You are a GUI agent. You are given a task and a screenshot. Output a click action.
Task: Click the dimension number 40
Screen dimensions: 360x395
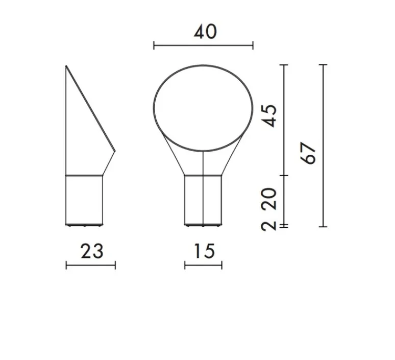coord(205,32)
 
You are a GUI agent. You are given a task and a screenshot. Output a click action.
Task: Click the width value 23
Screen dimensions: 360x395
coord(92,251)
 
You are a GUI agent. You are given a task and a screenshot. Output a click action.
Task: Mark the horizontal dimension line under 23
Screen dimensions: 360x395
coord(91,265)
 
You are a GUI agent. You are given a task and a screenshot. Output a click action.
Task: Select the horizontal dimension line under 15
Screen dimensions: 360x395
coord(203,265)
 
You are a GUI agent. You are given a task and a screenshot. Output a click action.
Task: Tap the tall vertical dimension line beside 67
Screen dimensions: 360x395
coord(323,146)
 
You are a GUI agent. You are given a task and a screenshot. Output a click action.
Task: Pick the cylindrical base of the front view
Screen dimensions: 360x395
coord(203,200)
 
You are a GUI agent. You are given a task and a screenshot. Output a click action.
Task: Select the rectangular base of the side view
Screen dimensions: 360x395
coord(84,200)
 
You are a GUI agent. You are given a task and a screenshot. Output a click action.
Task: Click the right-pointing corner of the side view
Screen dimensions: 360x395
coord(115,151)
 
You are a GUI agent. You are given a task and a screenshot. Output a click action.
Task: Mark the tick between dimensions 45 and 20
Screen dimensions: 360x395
coord(284,175)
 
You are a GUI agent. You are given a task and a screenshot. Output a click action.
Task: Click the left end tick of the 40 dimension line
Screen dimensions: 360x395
coord(154,46)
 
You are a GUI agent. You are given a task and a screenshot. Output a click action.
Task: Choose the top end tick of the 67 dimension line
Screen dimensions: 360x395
coord(323,65)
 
